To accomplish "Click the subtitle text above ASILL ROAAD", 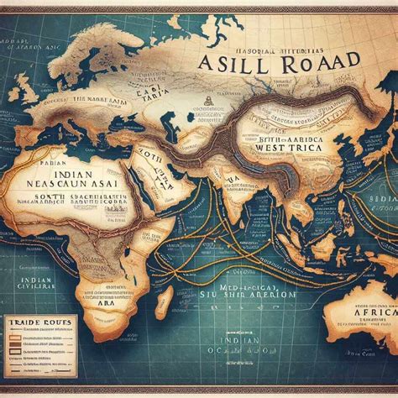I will (260, 42).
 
